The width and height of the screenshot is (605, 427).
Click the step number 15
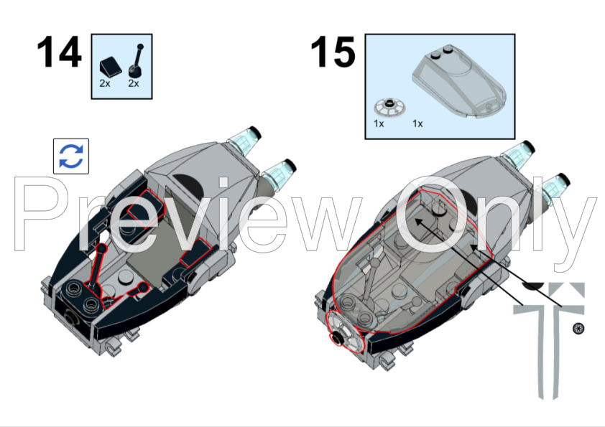333,54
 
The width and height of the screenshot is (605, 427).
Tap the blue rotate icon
71,156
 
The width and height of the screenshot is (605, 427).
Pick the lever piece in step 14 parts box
135,62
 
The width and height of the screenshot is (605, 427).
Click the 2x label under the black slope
105,83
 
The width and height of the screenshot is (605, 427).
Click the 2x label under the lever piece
133,83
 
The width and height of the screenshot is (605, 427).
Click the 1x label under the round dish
379,123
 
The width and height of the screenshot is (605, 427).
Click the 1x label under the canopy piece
417,123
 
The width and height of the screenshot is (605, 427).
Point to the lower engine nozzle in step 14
282,173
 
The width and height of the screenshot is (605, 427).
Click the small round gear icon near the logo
576,329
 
